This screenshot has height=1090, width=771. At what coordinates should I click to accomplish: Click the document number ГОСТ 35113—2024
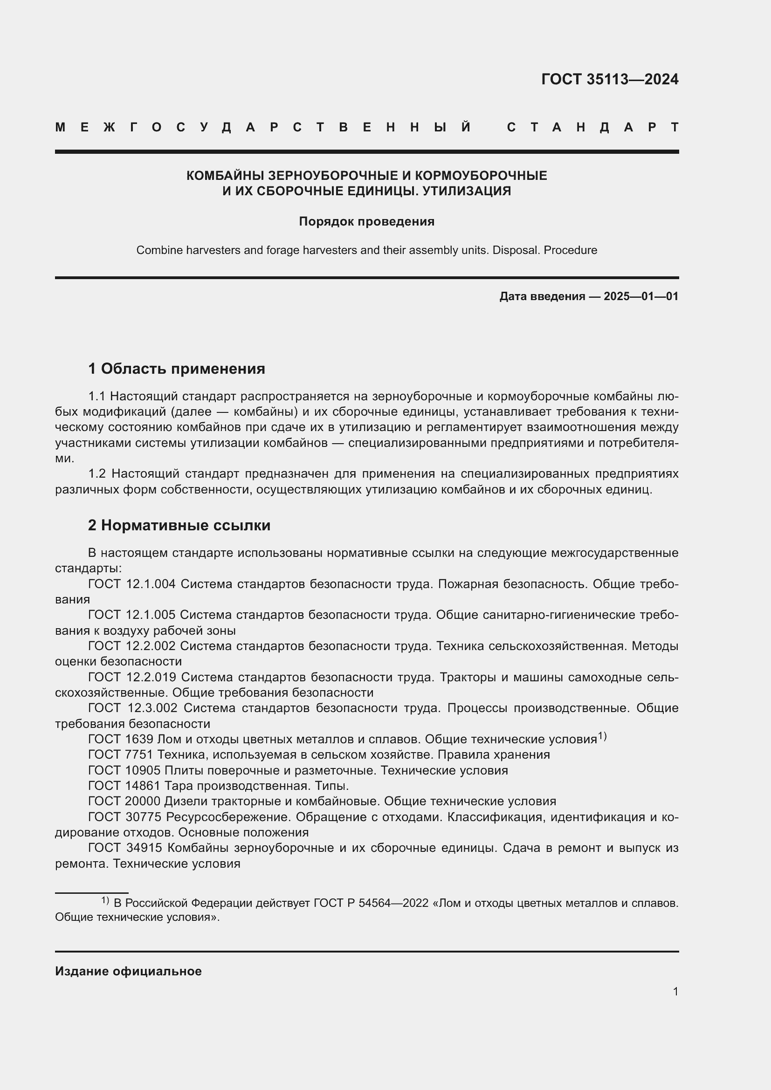pos(610,79)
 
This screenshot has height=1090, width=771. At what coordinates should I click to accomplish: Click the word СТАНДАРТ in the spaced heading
pos(593,127)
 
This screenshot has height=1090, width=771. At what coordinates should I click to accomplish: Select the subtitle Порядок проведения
pos(366,222)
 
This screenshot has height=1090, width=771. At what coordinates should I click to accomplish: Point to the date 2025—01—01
pos(641,297)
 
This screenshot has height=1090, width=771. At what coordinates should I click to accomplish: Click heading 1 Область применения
pos(177,369)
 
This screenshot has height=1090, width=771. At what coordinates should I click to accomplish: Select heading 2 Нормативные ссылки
pos(179,525)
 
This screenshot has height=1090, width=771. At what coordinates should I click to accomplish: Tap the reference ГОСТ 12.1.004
pos(131,584)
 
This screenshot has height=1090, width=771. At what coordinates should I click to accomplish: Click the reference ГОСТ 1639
pos(121,739)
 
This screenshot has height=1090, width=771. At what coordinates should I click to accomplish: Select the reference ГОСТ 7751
pos(121,754)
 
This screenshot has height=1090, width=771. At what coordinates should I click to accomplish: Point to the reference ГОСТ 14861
pos(124,786)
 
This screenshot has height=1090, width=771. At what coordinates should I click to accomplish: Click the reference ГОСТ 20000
pos(124,802)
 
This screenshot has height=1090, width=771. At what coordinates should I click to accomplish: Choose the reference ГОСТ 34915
pos(125,848)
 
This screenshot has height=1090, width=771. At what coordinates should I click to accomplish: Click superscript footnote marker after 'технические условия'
pos(602,736)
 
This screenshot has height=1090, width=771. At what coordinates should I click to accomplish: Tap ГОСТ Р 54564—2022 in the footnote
pos(371,903)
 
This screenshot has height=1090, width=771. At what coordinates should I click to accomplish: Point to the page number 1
pos(675,991)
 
